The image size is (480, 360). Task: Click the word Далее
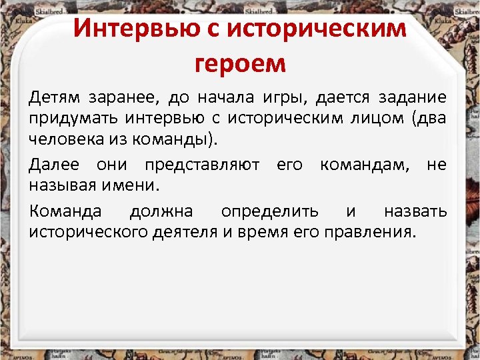tap(54, 165)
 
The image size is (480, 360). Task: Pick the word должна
tap(161, 211)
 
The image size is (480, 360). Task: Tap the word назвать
tap(415, 211)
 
